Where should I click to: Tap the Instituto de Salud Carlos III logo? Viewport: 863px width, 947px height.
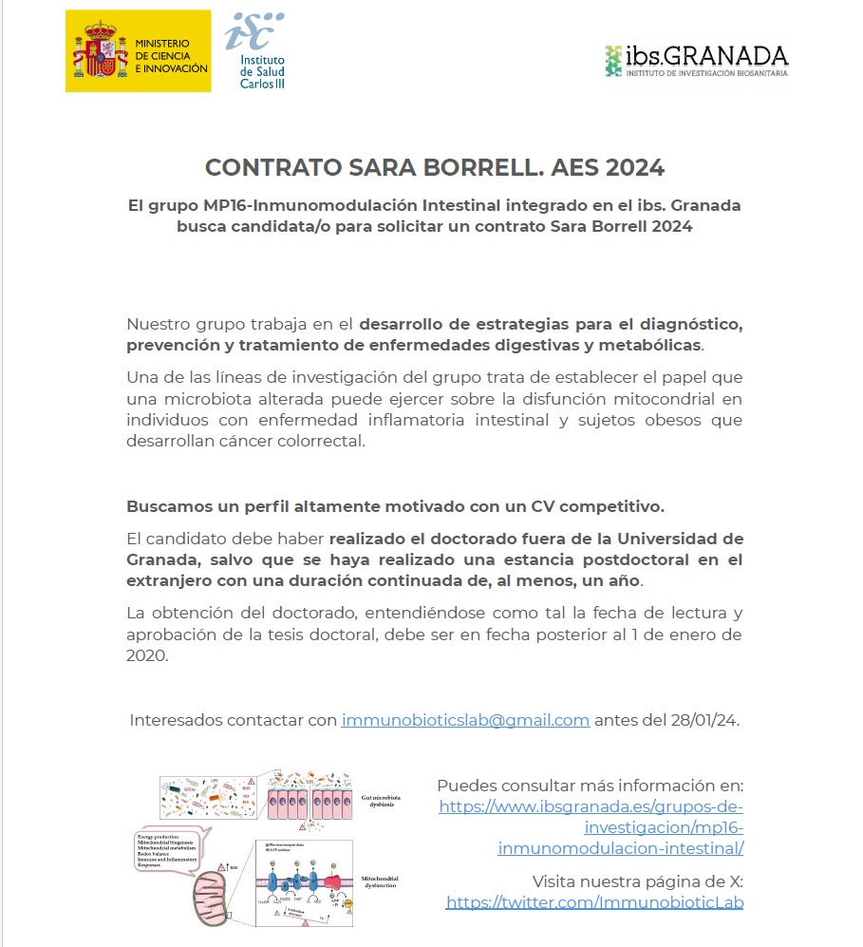255,49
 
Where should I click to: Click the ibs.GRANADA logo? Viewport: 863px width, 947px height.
697,60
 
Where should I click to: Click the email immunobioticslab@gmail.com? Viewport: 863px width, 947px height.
465,720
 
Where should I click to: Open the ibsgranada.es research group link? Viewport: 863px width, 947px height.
591,827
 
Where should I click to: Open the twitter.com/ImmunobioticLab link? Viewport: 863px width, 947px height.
594,902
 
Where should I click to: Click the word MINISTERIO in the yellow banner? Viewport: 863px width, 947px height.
162,44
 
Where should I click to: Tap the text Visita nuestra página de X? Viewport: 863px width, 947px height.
637,881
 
